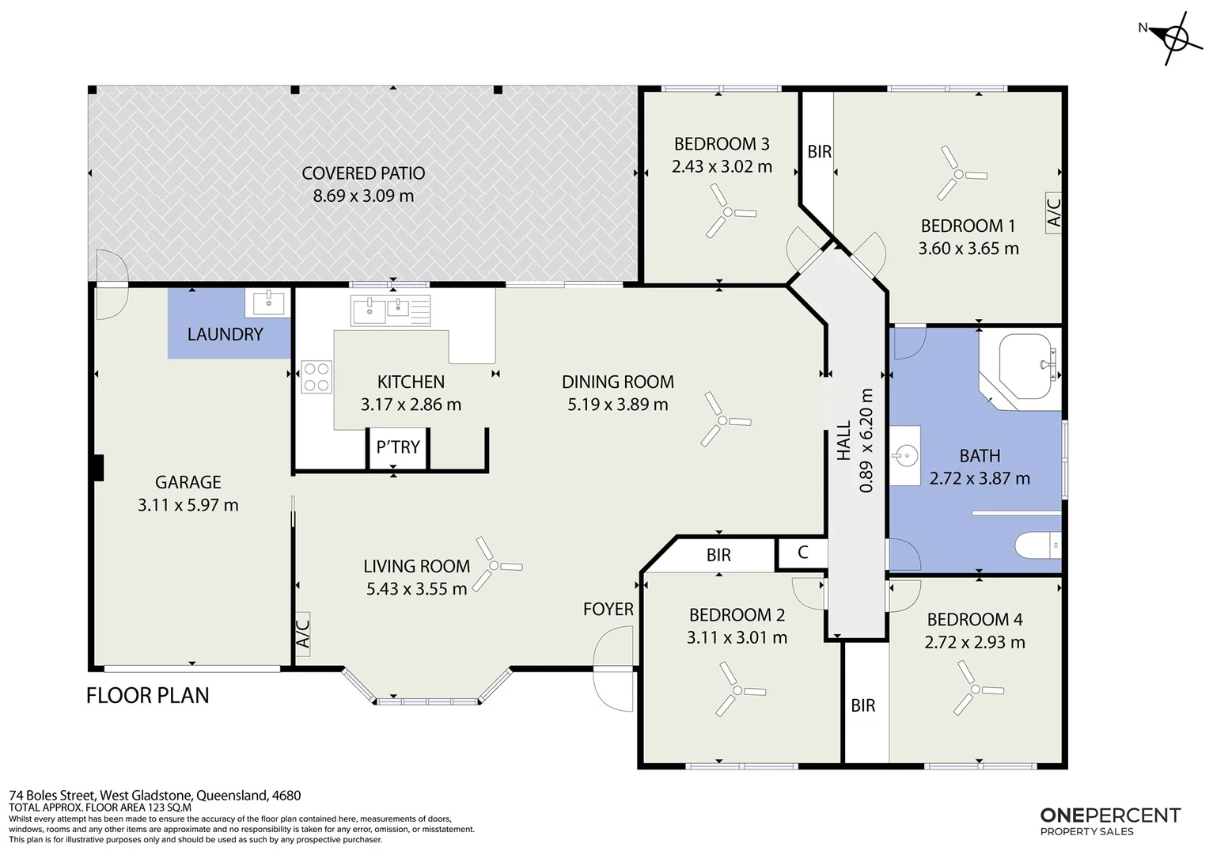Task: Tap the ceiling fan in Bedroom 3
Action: [728, 212]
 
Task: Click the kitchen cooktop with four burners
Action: [316, 377]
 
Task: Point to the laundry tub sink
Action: [268, 302]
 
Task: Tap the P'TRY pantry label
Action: [398, 447]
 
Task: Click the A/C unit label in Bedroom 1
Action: [1054, 213]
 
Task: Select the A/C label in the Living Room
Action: [303, 633]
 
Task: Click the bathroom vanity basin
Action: [905, 455]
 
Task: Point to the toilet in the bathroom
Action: [1038, 545]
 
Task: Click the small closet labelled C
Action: [802, 553]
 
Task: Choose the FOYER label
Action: [608, 610]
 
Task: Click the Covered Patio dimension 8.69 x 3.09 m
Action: [363, 196]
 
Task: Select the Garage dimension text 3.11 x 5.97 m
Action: [188, 505]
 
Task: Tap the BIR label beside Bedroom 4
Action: [863, 705]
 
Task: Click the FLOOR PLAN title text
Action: [148, 696]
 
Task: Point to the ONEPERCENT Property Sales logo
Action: [1110, 822]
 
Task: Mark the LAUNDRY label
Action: [225, 334]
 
